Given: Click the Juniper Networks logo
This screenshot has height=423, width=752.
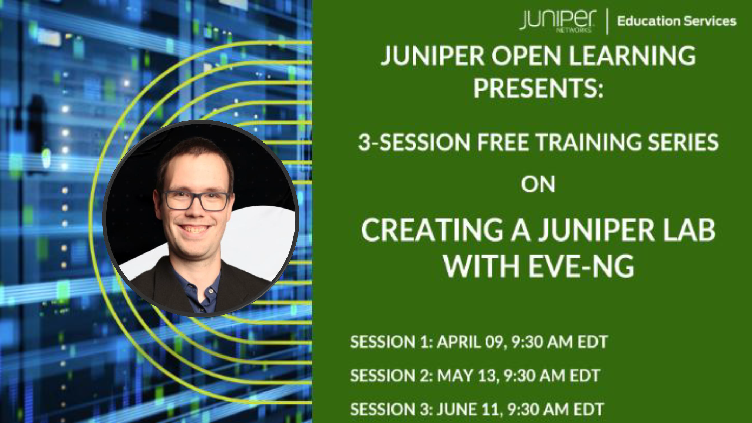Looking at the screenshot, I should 558,21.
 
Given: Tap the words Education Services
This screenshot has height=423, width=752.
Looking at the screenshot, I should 677,21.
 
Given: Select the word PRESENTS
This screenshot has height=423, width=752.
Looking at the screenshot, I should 538,88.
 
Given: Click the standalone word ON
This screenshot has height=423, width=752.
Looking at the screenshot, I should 538,185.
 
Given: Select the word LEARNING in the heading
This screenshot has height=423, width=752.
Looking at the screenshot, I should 632,56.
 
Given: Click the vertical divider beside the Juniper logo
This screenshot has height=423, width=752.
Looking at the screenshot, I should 607,21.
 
